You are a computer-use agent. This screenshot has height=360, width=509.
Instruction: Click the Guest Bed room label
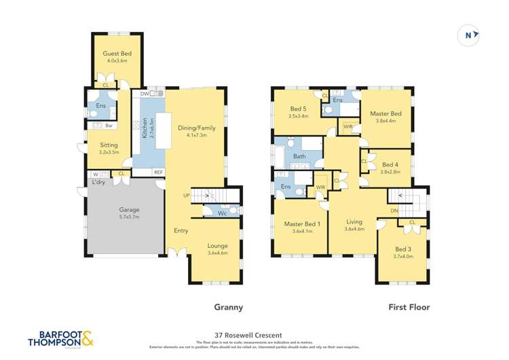tap(116, 53)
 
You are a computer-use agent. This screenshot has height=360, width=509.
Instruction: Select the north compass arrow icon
tap(469, 35)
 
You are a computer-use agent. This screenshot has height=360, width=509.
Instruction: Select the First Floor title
tap(408, 307)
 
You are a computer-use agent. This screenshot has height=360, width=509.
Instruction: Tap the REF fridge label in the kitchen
tap(157, 172)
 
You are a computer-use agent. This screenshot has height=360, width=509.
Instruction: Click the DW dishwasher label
tap(144, 94)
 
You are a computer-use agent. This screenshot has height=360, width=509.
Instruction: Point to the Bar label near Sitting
tap(109, 126)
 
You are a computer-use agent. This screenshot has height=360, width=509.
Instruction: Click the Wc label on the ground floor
tap(222, 213)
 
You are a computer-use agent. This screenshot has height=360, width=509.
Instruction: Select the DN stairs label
tap(394, 210)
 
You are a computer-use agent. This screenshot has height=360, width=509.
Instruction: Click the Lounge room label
tap(218, 245)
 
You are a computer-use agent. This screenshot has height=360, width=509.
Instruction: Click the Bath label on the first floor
tap(300, 157)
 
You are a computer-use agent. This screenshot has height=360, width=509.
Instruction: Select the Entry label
tap(181, 230)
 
